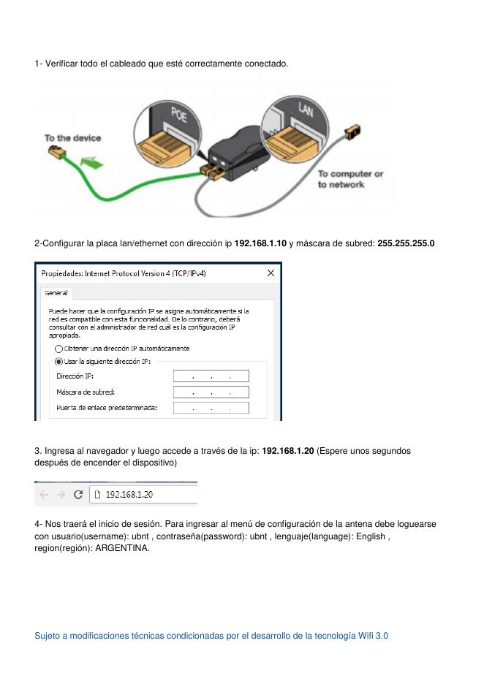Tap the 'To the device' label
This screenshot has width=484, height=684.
(72, 138)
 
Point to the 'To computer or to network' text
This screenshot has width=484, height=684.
(350, 179)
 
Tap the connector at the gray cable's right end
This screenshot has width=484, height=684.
(353, 132)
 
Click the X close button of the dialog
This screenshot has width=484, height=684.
(271, 273)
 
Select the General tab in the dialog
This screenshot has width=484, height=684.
(56, 293)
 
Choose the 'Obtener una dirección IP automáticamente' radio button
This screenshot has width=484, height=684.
(59, 349)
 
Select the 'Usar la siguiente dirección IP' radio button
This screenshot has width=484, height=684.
(59, 362)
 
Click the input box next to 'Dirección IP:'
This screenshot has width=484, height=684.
(211, 376)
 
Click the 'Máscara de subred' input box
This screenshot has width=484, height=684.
(211, 392)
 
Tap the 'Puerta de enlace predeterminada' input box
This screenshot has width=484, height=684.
(211, 408)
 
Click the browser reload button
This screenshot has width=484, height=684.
(78, 495)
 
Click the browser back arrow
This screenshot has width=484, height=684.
(44, 495)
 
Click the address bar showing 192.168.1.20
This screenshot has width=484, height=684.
(143, 495)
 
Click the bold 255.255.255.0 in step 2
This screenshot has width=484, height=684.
(406, 243)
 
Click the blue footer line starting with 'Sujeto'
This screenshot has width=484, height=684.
(211, 636)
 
